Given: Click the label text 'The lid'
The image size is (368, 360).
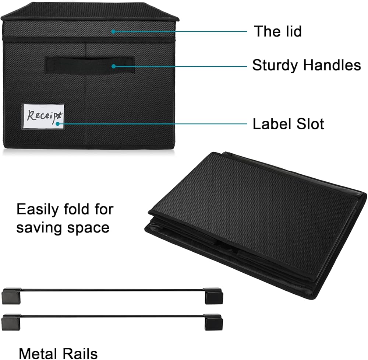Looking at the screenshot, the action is click(x=277, y=31).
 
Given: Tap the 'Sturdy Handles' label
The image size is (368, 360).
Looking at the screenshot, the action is click(x=306, y=66).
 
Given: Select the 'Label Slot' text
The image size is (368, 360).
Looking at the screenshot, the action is click(x=288, y=124).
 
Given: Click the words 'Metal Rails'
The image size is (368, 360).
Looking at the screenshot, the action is click(x=59, y=353).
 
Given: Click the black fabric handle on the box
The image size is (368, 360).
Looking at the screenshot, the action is click(x=89, y=65).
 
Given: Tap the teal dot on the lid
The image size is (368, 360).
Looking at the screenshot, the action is click(x=113, y=32).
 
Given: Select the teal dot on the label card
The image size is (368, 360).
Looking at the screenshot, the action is click(x=57, y=124).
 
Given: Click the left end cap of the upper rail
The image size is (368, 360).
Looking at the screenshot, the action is click(x=10, y=296).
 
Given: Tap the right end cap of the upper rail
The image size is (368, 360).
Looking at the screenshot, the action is click(x=213, y=297).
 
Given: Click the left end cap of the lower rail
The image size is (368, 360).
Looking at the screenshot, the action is click(x=10, y=321).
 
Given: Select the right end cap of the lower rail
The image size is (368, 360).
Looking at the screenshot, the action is click(x=213, y=322).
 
